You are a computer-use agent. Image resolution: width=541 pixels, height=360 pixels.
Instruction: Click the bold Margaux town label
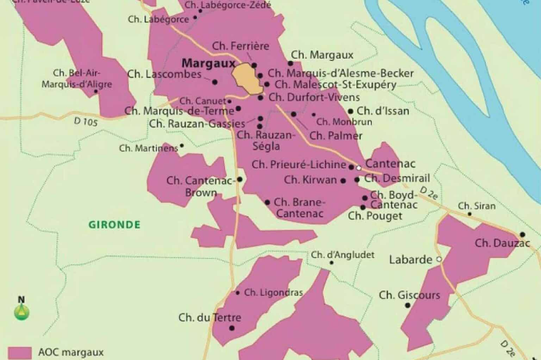coord(207,64)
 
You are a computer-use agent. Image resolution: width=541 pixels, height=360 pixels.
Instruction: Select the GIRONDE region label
coord(114,225)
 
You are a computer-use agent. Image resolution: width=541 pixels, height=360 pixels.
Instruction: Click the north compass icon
coord(22,310)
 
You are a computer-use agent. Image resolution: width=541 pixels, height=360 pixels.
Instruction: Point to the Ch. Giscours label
coord(409,295)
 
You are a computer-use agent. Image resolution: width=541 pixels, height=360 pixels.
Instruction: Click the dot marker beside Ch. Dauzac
coord(522,234)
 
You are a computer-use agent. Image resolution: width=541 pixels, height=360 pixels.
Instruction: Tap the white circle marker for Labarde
coord(439,260)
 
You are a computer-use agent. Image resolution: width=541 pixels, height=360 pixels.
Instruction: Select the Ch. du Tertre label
coord(209,318)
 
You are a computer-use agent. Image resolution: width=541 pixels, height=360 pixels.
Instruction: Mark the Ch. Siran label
coord(477,206)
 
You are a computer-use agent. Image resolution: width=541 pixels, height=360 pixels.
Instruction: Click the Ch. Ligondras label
coord(274,293)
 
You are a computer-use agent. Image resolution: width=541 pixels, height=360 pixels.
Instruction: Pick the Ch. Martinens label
coord(148,148)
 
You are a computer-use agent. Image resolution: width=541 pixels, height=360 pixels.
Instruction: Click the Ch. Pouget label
coord(375,216)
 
